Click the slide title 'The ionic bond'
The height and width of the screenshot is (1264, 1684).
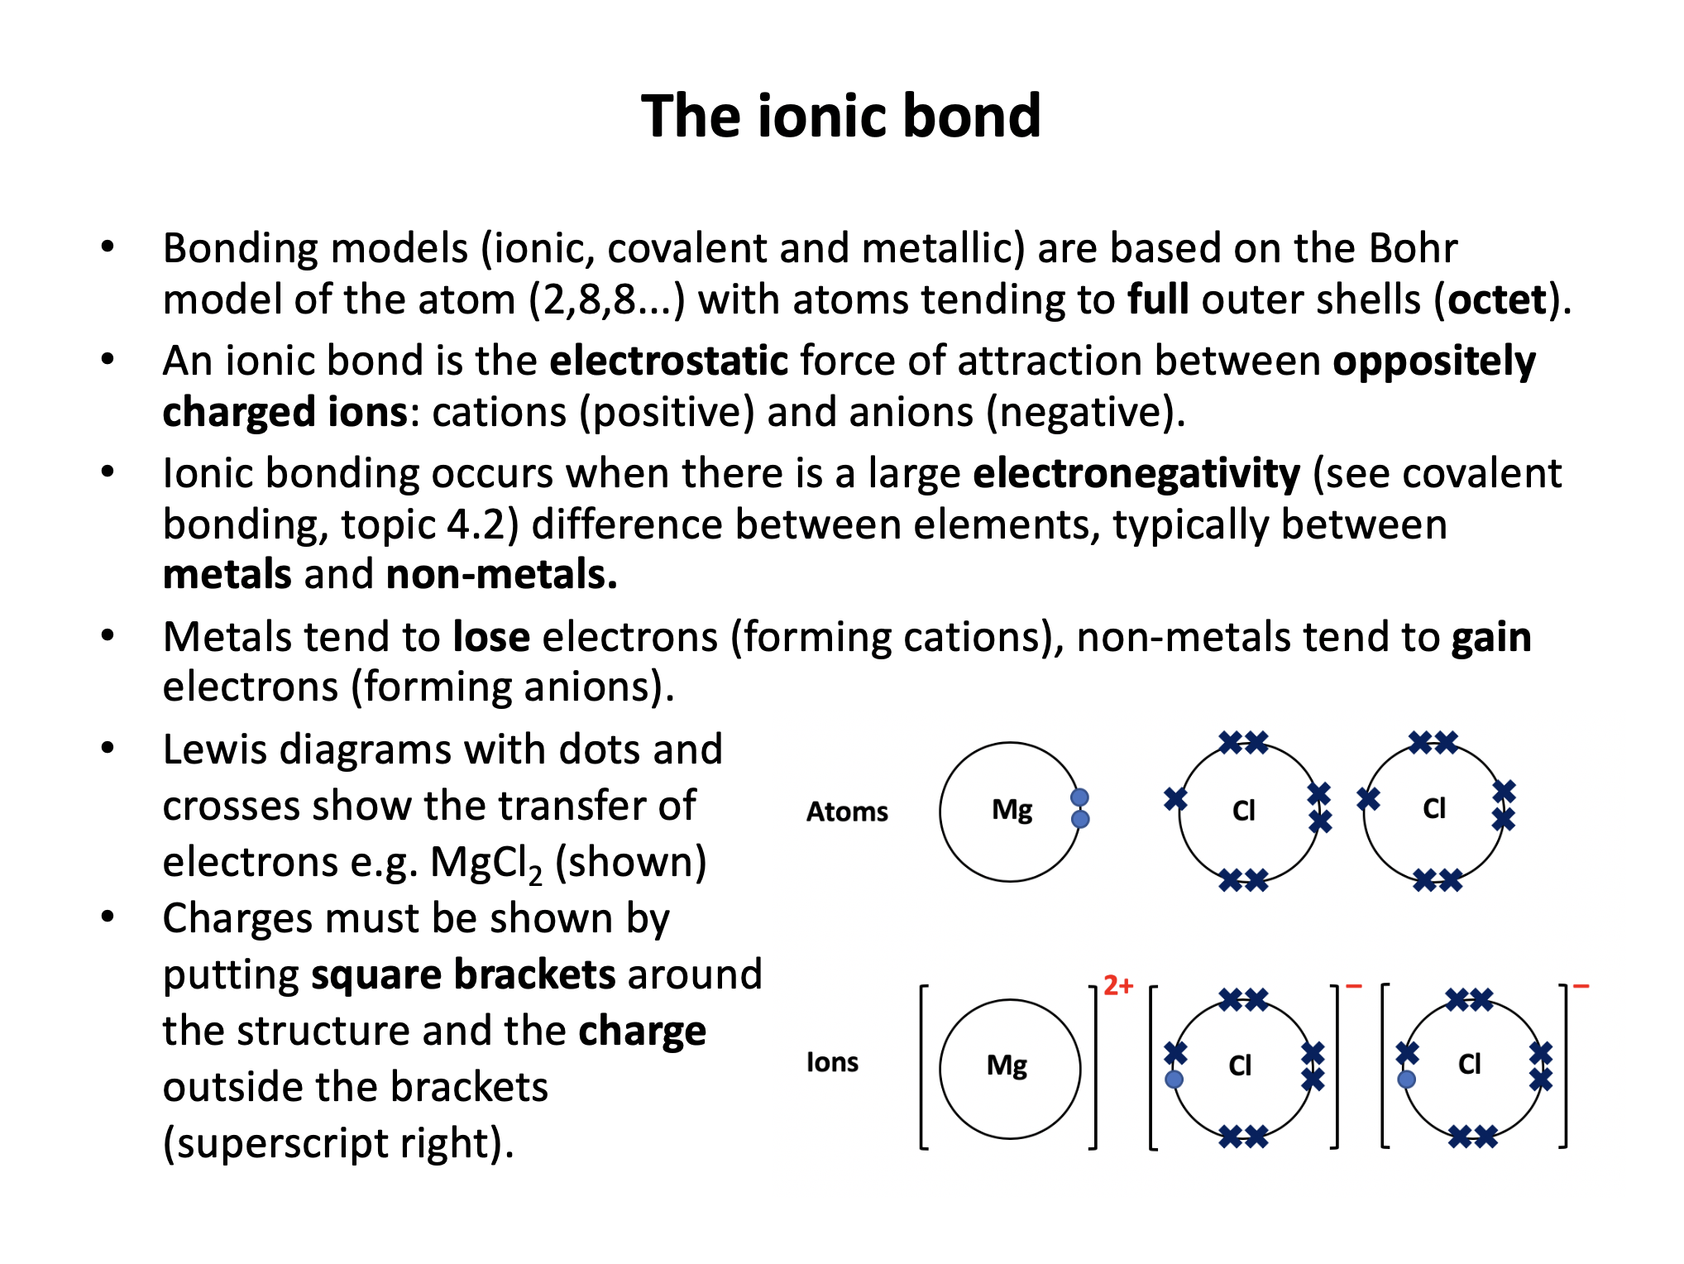pyautogui.click(x=840, y=116)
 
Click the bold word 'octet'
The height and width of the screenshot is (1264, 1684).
pyautogui.click(x=1496, y=299)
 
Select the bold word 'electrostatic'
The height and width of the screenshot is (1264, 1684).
pyautogui.click(x=668, y=361)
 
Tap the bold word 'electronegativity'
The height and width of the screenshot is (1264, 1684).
pyautogui.click(x=1136, y=473)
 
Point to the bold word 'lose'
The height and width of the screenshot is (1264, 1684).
pyautogui.click(x=491, y=637)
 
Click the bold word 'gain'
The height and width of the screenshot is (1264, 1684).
pyautogui.click(x=1491, y=637)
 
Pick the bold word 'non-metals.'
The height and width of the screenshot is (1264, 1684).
pyautogui.click(x=501, y=574)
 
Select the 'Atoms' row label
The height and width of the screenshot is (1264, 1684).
pyautogui.click(x=847, y=812)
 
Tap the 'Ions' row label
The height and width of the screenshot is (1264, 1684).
pyautogui.click(x=832, y=1062)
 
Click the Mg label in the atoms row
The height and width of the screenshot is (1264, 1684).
pyautogui.click(x=1012, y=809)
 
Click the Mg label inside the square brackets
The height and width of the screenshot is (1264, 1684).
pyautogui.click(x=1007, y=1065)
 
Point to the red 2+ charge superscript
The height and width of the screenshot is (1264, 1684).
pyautogui.click(x=1117, y=985)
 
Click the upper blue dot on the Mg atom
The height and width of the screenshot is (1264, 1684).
pyautogui.click(x=1079, y=797)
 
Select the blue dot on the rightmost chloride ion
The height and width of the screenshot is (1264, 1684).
pyautogui.click(x=1406, y=1079)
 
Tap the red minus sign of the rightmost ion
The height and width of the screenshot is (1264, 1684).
pyautogui.click(x=1581, y=986)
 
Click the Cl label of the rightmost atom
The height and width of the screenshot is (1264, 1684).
pyautogui.click(x=1434, y=808)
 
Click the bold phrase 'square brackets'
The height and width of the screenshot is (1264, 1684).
pyautogui.click(x=463, y=974)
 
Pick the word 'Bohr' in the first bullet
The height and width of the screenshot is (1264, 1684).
pyautogui.click(x=1412, y=248)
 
